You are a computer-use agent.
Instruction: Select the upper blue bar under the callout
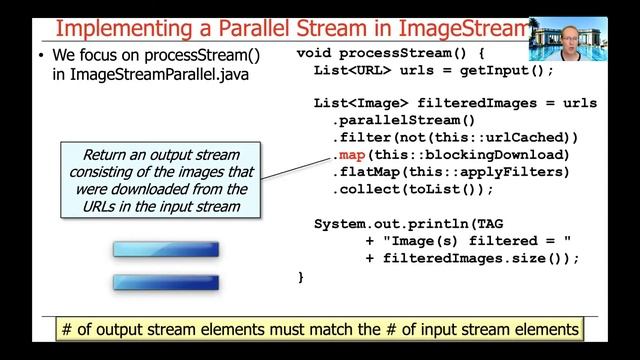click(165, 249)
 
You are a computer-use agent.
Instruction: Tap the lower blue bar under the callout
click(165, 282)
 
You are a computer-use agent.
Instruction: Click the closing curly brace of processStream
click(301, 275)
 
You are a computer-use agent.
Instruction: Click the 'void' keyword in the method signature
click(319, 51)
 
